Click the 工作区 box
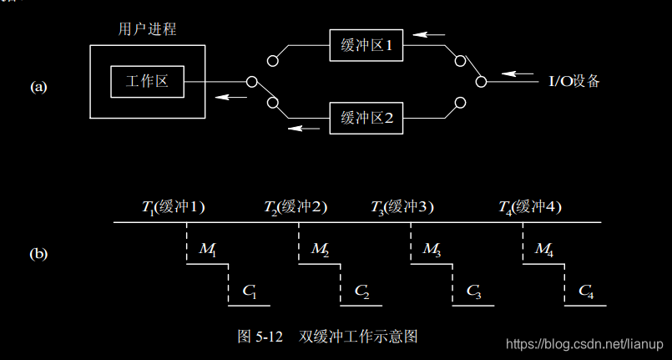click(147, 82)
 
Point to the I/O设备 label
click(573, 81)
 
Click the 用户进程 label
click(147, 29)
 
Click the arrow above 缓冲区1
click(430, 35)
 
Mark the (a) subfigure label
click(39, 85)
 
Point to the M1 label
click(208, 249)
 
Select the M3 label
click(432, 249)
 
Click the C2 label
click(362, 292)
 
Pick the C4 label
click(586, 292)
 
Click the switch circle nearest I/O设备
click(480, 81)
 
